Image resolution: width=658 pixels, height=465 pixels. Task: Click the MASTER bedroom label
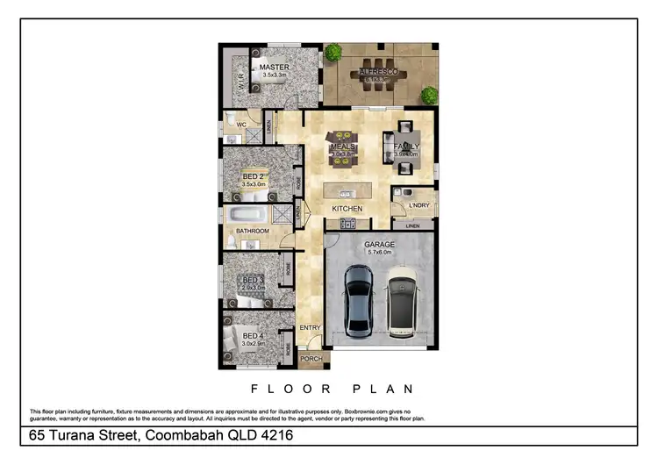pyautogui.click(x=274, y=67)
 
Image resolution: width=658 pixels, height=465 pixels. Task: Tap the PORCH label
pyautogui.click(x=311, y=359)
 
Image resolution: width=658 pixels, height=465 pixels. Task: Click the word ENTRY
pyautogui.click(x=311, y=327)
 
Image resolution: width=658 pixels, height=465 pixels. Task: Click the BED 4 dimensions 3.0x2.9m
pyautogui.click(x=253, y=344)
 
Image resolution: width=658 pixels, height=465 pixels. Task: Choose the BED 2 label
pyautogui.click(x=254, y=176)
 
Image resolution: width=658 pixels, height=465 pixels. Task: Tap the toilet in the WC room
pyautogui.click(x=229, y=118)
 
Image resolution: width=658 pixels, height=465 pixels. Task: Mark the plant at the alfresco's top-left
pyautogui.click(x=333, y=52)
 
